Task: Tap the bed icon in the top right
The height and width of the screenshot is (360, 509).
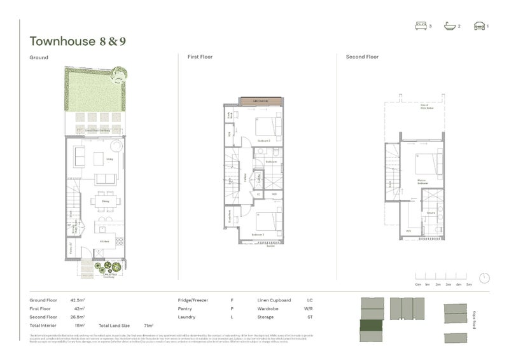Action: point(420,26)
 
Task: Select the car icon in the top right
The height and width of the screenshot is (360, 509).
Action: point(478,26)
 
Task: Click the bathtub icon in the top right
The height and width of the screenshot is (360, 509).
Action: point(449,26)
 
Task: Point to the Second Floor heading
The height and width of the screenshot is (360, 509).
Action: point(362,57)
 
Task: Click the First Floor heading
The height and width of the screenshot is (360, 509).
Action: point(200,57)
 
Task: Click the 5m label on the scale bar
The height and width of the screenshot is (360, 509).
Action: point(469,284)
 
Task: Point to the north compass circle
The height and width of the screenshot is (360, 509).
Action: point(484,279)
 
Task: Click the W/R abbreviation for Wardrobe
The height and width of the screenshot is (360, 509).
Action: point(310,308)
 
